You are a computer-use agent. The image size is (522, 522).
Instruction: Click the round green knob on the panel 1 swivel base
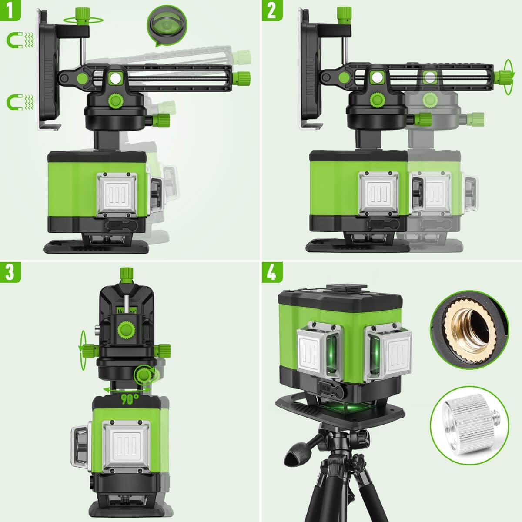116,101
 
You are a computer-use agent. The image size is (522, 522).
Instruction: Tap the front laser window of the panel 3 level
126,451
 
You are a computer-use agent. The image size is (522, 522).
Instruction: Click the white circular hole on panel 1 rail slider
116,78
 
